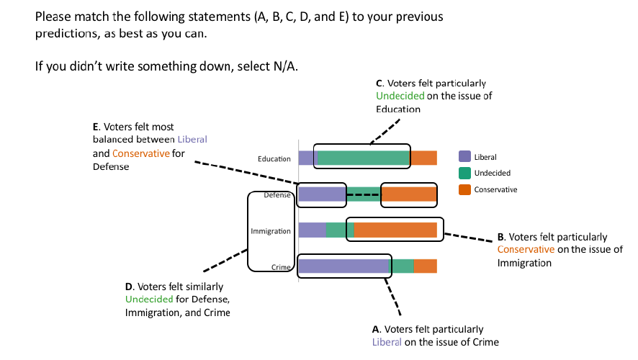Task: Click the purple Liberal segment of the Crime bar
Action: (x=344, y=266)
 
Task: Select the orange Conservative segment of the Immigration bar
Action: (x=395, y=230)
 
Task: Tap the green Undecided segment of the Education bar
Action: (x=364, y=158)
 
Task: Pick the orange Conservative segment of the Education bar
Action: (x=423, y=158)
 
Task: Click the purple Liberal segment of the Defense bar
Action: (x=322, y=194)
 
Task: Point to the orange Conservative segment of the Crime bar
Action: (x=425, y=266)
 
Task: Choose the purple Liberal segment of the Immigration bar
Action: (x=313, y=230)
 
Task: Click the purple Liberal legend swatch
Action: (x=464, y=157)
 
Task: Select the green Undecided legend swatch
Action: (x=464, y=173)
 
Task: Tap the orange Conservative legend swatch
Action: (x=464, y=189)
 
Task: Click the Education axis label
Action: (x=274, y=158)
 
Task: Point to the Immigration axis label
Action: (x=271, y=231)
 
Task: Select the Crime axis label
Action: (x=281, y=267)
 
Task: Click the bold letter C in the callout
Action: (x=379, y=84)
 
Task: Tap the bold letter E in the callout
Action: (x=96, y=127)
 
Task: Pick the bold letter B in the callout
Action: (x=500, y=237)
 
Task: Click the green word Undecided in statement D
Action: (x=149, y=300)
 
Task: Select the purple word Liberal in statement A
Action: (x=387, y=342)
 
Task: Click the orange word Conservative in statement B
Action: (x=526, y=249)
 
